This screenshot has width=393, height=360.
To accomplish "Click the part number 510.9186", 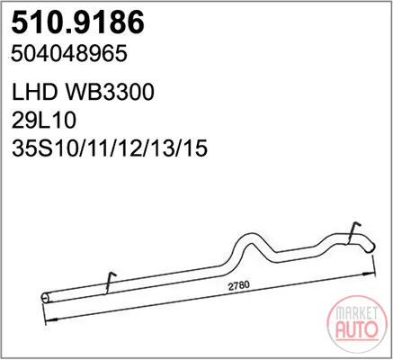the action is click(x=77, y=22).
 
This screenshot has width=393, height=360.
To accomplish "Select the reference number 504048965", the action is click(x=69, y=54).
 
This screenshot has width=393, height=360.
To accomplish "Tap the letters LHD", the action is click(x=34, y=92).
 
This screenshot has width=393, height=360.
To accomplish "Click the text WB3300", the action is click(x=110, y=92).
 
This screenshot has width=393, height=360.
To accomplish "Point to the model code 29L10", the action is click(x=44, y=121).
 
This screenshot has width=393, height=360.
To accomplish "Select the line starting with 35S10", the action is click(x=110, y=148).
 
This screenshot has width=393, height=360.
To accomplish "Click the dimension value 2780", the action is click(x=239, y=285).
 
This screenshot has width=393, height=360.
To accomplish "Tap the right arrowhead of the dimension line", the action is click(x=370, y=274).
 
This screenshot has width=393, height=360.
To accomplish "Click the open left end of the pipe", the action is click(x=45, y=298).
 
